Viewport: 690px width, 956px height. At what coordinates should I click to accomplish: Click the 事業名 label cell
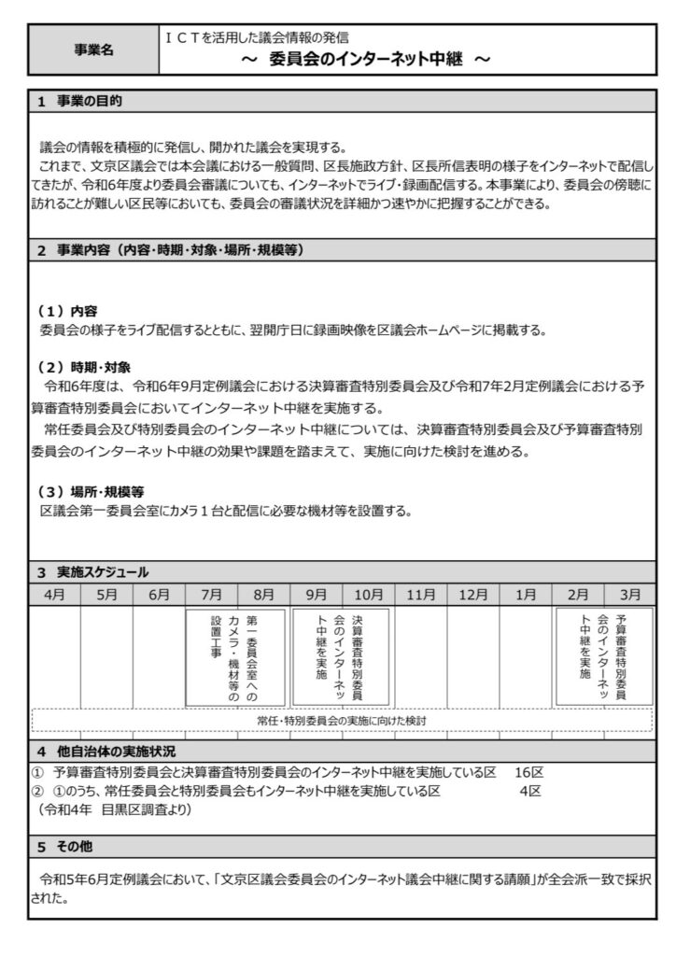coord(93,50)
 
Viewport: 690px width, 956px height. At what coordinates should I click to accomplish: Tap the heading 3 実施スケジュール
coord(92,571)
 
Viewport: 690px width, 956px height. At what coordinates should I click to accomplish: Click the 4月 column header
coord(54,594)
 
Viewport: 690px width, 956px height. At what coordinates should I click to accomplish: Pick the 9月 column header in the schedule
coord(317,594)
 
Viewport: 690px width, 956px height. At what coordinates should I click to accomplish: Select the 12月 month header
coord(473,594)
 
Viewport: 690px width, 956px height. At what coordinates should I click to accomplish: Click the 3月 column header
coord(630,594)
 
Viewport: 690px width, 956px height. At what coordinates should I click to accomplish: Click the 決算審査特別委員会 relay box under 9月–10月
coord(341,657)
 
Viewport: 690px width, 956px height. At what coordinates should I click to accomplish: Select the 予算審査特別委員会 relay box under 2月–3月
coord(604,657)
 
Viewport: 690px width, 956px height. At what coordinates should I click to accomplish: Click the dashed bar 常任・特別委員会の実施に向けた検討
coord(342,721)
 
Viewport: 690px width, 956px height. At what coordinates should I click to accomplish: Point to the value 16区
coord(528,773)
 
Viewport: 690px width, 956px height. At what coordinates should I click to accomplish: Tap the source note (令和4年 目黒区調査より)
coord(115,808)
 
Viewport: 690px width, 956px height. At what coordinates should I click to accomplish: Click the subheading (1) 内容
coord(68,311)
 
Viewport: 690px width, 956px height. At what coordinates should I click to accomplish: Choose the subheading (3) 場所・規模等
coord(91,492)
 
